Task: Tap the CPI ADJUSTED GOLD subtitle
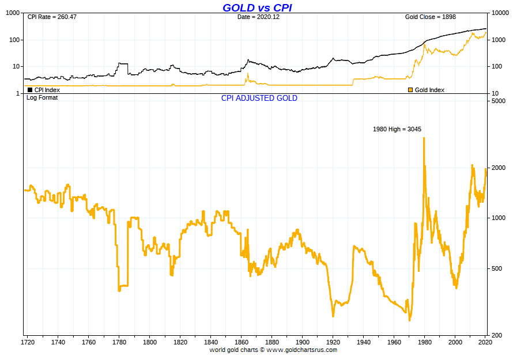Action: coord(259,98)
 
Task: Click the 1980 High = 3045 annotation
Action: coord(397,129)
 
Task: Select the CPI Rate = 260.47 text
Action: coord(52,17)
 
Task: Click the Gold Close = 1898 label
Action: coord(431,17)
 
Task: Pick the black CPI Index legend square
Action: coord(30,90)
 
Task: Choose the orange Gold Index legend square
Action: coord(410,90)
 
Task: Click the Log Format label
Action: coord(42,97)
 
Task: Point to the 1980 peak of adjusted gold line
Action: coord(424,138)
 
